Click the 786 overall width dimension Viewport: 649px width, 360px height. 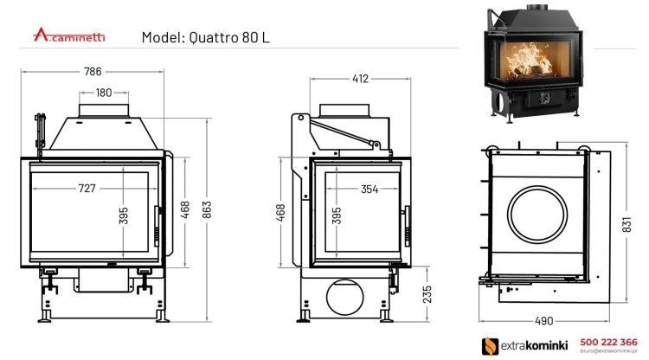(104, 72)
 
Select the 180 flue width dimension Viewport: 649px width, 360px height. (104, 93)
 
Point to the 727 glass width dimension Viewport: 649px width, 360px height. (87, 189)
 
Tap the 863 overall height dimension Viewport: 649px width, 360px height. (207, 212)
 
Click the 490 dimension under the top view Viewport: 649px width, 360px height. (543, 321)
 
